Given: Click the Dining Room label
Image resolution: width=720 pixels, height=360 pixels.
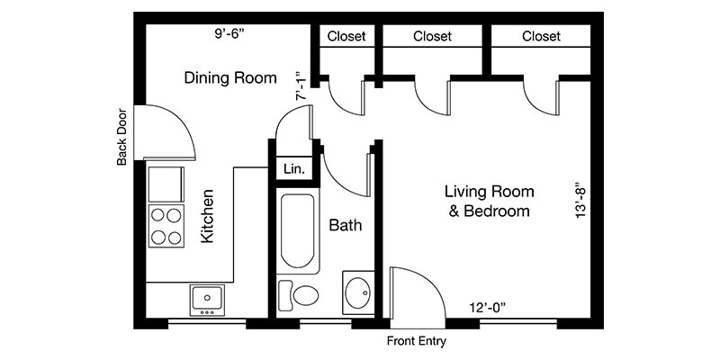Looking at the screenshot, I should pyautogui.click(x=230, y=77).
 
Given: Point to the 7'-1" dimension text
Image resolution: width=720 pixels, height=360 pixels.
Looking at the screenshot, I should pyautogui.click(x=301, y=85).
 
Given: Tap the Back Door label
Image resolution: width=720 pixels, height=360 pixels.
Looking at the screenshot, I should pyautogui.click(x=122, y=138).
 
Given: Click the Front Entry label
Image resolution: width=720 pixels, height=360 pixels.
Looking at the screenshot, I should pyautogui.click(x=417, y=342).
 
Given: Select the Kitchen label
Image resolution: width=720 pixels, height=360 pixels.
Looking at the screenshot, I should pyautogui.click(x=207, y=216).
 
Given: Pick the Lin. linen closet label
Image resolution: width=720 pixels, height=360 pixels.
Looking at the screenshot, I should pyautogui.click(x=294, y=168).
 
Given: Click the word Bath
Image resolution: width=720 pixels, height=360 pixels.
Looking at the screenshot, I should pyautogui.click(x=345, y=224).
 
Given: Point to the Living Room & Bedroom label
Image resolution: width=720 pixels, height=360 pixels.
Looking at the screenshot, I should pyautogui.click(x=490, y=202).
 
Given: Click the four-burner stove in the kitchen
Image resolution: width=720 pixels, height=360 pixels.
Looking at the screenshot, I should pyautogui.click(x=166, y=226).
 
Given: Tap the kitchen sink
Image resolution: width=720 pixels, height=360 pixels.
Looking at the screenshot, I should pyautogui.click(x=208, y=298).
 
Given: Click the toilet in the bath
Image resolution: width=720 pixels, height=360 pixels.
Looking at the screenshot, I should pyautogui.click(x=301, y=295).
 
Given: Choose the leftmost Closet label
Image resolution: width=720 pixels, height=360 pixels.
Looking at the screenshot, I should pyautogui.click(x=346, y=37).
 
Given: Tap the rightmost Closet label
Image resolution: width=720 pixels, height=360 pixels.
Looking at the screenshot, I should pyautogui.click(x=541, y=37).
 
